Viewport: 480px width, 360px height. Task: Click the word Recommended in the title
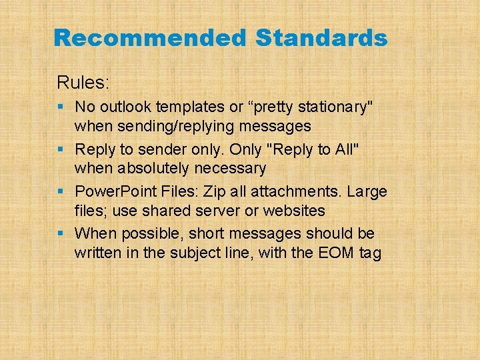[149, 38]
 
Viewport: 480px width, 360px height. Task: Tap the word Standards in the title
[321, 38]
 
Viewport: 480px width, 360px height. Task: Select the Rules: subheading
[83, 83]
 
